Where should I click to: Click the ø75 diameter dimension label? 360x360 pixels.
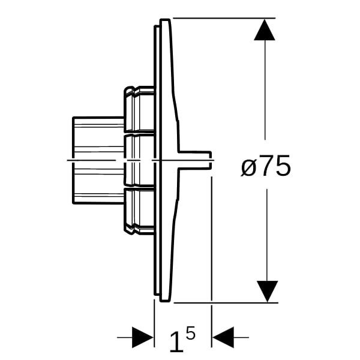(x=266, y=166)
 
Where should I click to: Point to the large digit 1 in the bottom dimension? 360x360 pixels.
(x=177, y=341)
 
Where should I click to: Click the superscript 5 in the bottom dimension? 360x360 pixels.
(x=191, y=332)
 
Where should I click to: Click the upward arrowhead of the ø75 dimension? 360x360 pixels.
(x=265, y=30)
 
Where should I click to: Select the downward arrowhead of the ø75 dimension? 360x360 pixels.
(x=267, y=292)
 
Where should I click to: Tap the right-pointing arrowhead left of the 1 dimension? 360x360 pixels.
(x=143, y=337)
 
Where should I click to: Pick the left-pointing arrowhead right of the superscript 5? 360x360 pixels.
(x=223, y=337)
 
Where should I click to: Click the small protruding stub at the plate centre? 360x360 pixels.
(x=194, y=160)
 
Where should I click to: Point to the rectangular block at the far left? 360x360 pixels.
(x=98, y=160)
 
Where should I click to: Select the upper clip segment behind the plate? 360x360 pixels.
(x=139, y=109)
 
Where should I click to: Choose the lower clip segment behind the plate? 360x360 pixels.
(x=139, y=211)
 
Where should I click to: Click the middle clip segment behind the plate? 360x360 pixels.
(x=139, y=160)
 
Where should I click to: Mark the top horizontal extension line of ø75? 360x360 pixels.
(x=224, y=17)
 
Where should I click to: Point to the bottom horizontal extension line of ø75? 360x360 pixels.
(x=226, y=303)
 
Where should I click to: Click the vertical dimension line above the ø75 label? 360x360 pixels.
(x=265, y=90)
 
